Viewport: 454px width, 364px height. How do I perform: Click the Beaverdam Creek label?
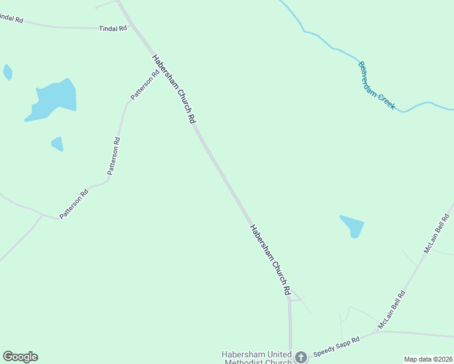(x=376, y=86)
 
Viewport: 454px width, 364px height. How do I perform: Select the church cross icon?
(x=300, y=357)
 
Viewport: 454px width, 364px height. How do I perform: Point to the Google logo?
(x=20, y=357)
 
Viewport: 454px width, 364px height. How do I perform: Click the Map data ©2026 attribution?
(x=428, y=359)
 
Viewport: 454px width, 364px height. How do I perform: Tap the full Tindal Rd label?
(x=113, y=28)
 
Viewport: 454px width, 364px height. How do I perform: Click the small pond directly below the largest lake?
(x=57, y=144)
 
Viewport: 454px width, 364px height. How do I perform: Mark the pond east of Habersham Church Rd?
(x=353, y=226)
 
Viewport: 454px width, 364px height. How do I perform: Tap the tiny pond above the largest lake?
(x=7, y=72)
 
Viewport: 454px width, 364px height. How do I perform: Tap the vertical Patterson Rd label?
(x=113, y=157)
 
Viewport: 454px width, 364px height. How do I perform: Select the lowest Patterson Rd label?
(x=74, y=204)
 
